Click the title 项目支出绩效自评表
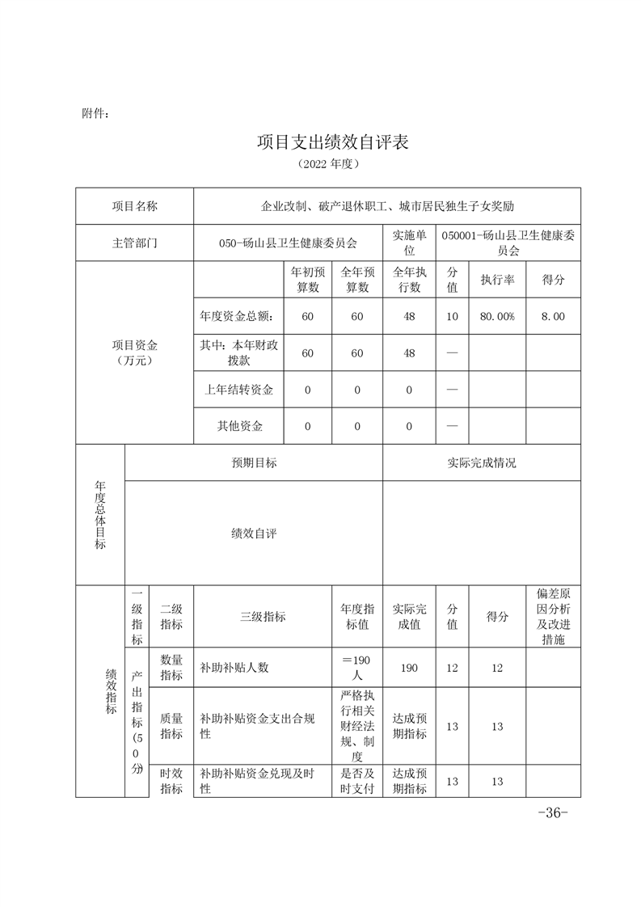point(333,142)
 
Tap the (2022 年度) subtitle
point(327,164)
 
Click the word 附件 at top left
point(95,113)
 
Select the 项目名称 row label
point(135,206)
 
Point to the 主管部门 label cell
point(135,243)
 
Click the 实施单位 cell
point(409,243)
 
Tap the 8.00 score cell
point(553,316)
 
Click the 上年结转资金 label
point(238,390)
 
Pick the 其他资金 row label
point(238,426)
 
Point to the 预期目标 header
point(254,463)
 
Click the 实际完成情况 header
point(481,463)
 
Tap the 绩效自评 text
point(254,534)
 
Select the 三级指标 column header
point(263,617)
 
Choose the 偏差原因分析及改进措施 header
point(553,617)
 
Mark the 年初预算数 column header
point(307,280)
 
